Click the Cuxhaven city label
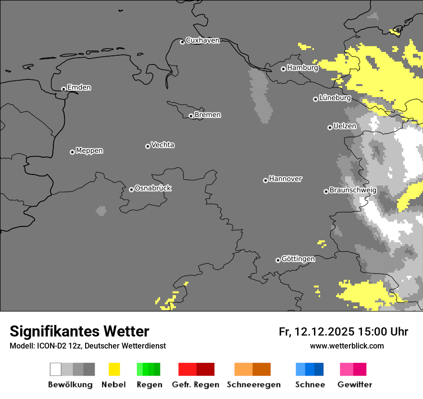tap(202, 40)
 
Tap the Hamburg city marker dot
tap(283, 69)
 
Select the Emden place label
tap(79, 87)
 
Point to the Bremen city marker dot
tap(191, 116)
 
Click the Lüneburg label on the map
tap(335, 98)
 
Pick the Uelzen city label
tap(345, 126)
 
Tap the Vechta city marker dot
tap(148, 146)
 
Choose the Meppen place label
tap(89, 151)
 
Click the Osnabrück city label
tap(153, 188)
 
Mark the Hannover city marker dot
tap(265, 180)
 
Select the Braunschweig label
tap(353, 190)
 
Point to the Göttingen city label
tap(298, 259)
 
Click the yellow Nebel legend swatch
tap(114, 369)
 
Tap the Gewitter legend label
tap(354, 385)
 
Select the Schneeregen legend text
tap(253, 385)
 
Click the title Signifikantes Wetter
tap(79, 331)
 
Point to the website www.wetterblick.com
tap(347, 346)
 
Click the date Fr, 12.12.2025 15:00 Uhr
tap(343, 332)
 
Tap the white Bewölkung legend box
tap(56, 369)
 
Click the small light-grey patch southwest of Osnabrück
tap(101, 211)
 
